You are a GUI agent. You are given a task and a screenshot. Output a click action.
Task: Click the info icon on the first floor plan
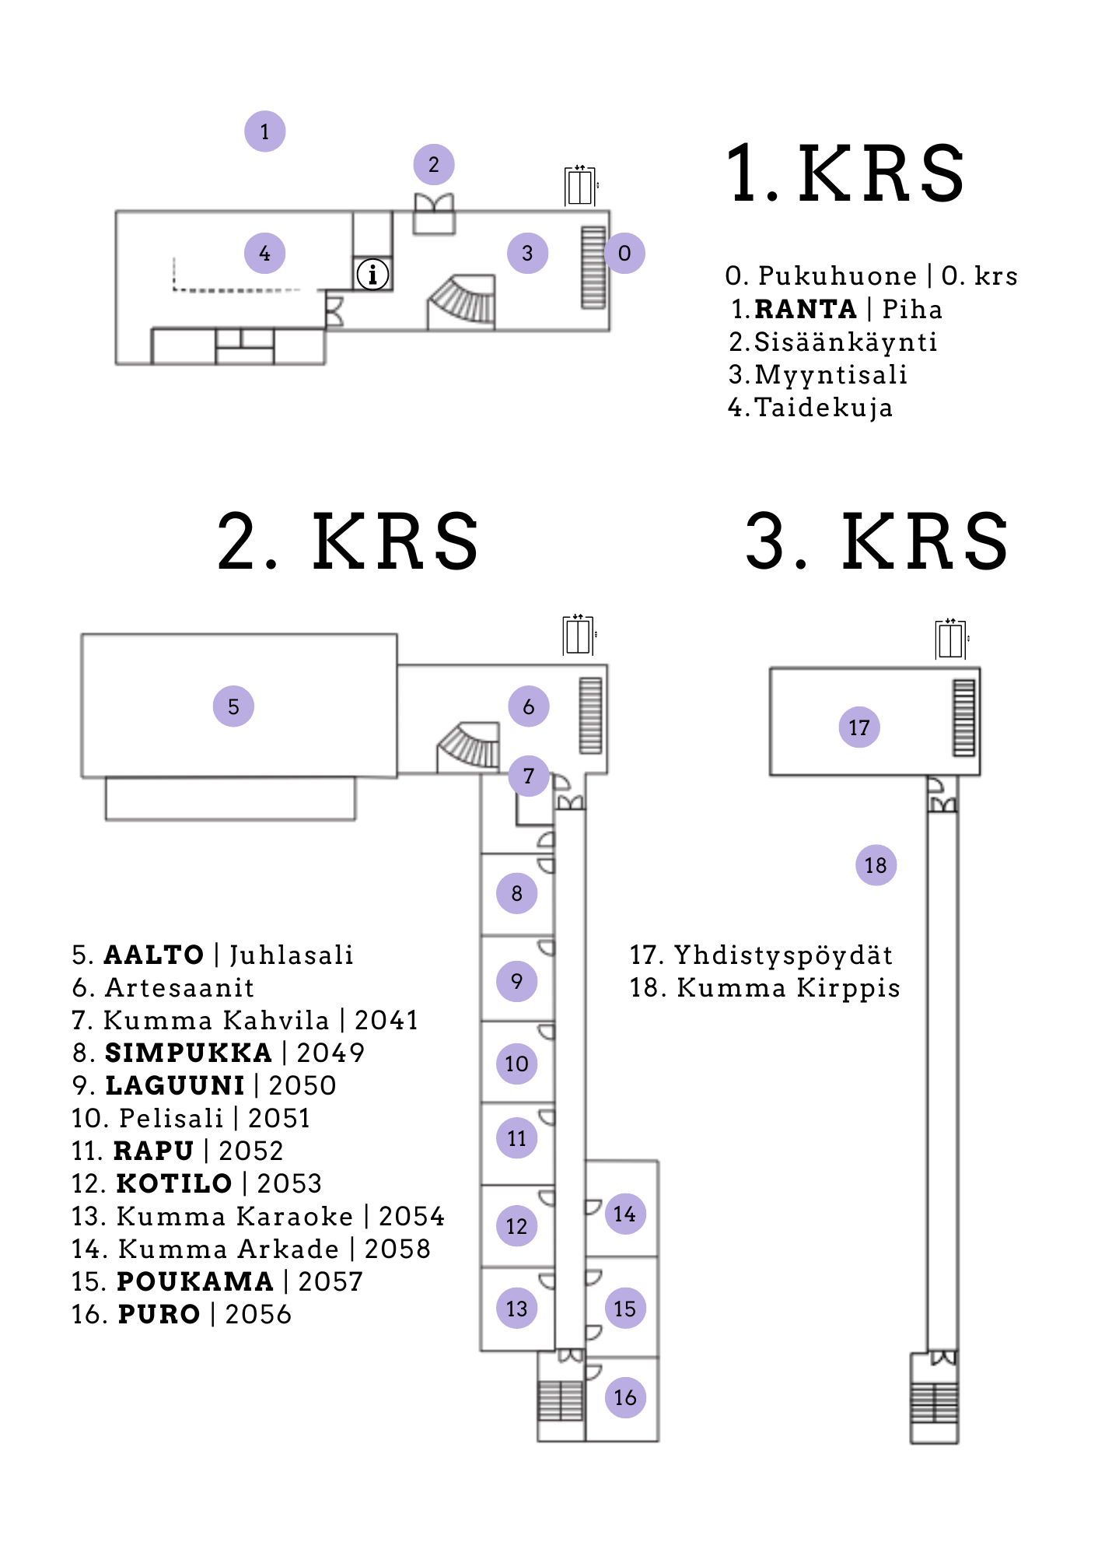click(x=372, y=274)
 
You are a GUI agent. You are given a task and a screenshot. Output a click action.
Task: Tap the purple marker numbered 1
click(x=264, y=131)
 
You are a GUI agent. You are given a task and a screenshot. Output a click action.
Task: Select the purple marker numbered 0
click(x=624, y=253)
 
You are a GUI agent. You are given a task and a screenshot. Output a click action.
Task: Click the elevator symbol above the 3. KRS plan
click(x=951, y=640)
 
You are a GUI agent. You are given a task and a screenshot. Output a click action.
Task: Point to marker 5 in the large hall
click(x=233, y=706)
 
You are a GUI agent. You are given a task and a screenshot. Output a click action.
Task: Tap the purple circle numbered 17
click(x=858, y=727)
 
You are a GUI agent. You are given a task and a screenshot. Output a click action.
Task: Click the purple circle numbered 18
click(x=876, y=865)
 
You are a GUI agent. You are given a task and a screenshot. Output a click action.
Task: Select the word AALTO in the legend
click(x=154, y=955)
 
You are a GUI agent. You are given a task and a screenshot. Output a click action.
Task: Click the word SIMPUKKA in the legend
click(x=188, y=1053)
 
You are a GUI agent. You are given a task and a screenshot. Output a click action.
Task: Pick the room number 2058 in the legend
click(x=397, y=1249)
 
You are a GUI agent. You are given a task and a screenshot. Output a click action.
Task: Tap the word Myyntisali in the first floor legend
click(x=830, y=375)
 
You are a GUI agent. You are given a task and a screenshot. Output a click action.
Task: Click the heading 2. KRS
click(x=348, y=541)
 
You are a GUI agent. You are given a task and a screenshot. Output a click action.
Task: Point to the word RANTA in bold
click(x=806, y=310)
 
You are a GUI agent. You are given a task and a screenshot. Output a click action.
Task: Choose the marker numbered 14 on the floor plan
click(x=624, y=1214)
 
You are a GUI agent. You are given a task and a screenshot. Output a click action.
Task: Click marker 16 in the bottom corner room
click(x=624, y=1397)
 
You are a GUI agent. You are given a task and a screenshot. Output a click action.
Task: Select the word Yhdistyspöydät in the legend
click(x=783, y=955)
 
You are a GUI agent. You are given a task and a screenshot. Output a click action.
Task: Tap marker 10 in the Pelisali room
click(x=516, y=1064)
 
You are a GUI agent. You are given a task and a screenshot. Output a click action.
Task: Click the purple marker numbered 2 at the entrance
click(x=433, y=165)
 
